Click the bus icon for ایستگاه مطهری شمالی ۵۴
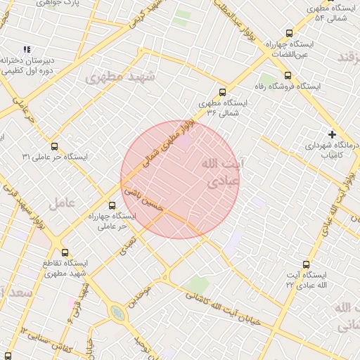pos(310,6)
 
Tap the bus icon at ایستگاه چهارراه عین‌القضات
pos(289,33)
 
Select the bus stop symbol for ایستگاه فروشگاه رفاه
pos(287,75)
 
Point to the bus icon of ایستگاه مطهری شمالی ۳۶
pos(223,91)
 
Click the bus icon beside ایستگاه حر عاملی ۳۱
pos(56,146)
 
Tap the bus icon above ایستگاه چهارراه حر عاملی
pos(112,205)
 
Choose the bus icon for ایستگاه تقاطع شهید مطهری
pos(65,252)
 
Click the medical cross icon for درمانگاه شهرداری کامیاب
pos(332,134)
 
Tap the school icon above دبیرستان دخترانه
pos(27,49)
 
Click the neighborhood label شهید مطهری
pos(115,77)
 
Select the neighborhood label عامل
pos(62,203)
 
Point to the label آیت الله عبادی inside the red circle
pos(221,172)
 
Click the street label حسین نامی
pos(143,200)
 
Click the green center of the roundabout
pos(118,314)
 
